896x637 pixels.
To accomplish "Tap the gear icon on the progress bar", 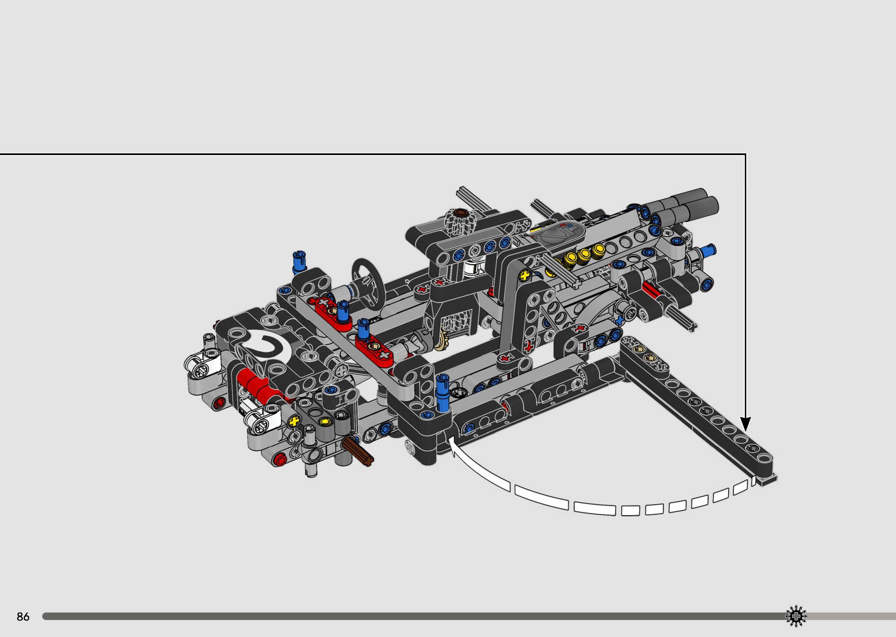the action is click(x=796, y=616).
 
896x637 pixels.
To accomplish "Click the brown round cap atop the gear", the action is click(x=459, y=213).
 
